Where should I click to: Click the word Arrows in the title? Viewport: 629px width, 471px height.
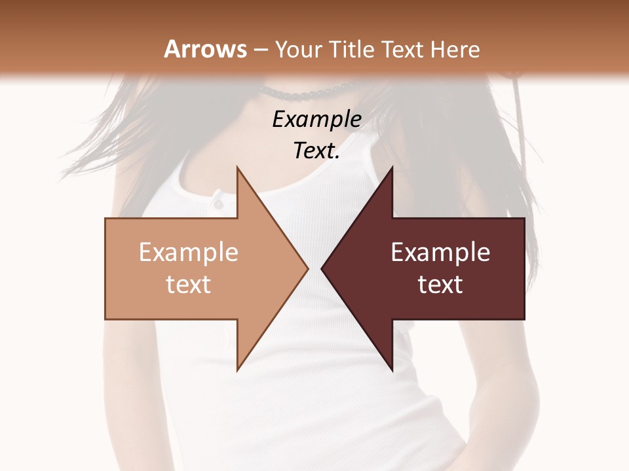coord(205,49)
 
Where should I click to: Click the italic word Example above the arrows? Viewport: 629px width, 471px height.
coord(317,120)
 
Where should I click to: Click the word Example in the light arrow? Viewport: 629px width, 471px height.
coord(189,252)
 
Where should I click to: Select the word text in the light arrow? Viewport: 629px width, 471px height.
coord(189,284)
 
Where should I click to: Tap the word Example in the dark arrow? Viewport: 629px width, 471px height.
coord(440,252)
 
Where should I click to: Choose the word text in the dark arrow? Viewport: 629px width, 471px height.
coord(440,284)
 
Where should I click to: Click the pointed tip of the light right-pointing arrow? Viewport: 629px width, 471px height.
coord(307,268)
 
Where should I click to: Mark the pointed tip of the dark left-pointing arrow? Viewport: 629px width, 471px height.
coord(322,268)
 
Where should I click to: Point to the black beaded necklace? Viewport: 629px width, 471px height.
coord(308,92)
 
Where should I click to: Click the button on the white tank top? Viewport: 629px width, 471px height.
coord(217,203)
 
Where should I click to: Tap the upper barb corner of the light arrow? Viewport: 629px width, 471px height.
coord(237,167)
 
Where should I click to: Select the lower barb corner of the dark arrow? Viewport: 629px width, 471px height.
coord(392,370)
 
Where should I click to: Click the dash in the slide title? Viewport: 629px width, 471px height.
coord(260,50)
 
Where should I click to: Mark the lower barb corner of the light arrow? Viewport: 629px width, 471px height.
coord(237,370)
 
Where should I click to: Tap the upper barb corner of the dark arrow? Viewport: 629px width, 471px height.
coord(392,167)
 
